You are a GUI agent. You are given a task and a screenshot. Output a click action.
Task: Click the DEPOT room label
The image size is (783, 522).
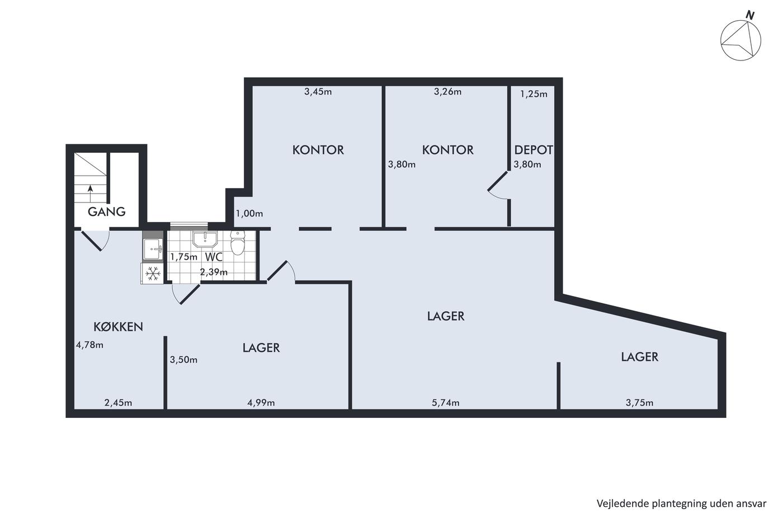pos(534,150)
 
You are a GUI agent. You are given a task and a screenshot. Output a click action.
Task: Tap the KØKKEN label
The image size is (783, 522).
pos(118,327)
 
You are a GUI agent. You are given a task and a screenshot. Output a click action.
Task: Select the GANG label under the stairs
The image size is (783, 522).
pos(107,211)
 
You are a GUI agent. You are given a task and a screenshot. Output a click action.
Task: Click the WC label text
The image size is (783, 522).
pos(214,257)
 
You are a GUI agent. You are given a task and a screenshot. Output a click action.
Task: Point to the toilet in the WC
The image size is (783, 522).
pos(237,243)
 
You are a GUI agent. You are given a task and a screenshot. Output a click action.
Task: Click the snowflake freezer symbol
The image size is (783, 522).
pos(153,273)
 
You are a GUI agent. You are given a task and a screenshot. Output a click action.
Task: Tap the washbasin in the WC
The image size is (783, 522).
pos(205,239)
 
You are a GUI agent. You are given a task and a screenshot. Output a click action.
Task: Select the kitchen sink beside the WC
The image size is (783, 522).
pos(153,249)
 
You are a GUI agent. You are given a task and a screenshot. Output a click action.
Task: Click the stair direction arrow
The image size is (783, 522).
pos(90,194)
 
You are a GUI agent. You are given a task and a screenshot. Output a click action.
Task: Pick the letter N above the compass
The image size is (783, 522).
pos(750,15)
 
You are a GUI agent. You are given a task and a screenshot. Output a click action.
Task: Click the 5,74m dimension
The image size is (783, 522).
pos(446,403)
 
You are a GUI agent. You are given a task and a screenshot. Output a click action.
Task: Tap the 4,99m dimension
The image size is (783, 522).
pos(261,403)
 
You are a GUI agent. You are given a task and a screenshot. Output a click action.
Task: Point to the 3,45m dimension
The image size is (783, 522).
pos(318,92)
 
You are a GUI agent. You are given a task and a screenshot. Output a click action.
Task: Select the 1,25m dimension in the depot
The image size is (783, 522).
pos(534,93)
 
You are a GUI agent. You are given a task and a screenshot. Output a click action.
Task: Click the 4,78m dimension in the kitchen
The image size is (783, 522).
pos(90,345)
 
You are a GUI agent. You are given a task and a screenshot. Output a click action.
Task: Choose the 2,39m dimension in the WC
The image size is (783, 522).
pos(214,272)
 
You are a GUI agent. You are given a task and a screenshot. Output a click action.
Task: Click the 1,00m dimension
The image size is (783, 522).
pos(249,213)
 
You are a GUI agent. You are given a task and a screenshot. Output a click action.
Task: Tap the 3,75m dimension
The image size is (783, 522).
pos(639,403)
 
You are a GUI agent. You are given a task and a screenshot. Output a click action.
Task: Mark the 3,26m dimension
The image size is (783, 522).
pos(448,92)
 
